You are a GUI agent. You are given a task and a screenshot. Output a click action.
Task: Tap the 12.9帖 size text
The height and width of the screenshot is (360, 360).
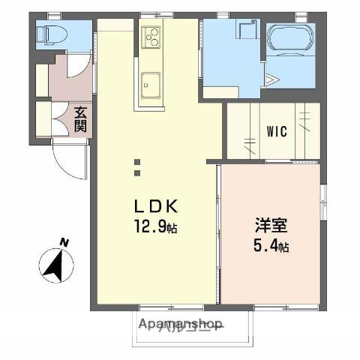(155, 224)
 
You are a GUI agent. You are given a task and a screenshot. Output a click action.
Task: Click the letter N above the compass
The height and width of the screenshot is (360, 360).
(64, 241)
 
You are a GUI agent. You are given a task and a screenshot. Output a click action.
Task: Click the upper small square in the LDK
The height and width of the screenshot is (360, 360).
(136, 161)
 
